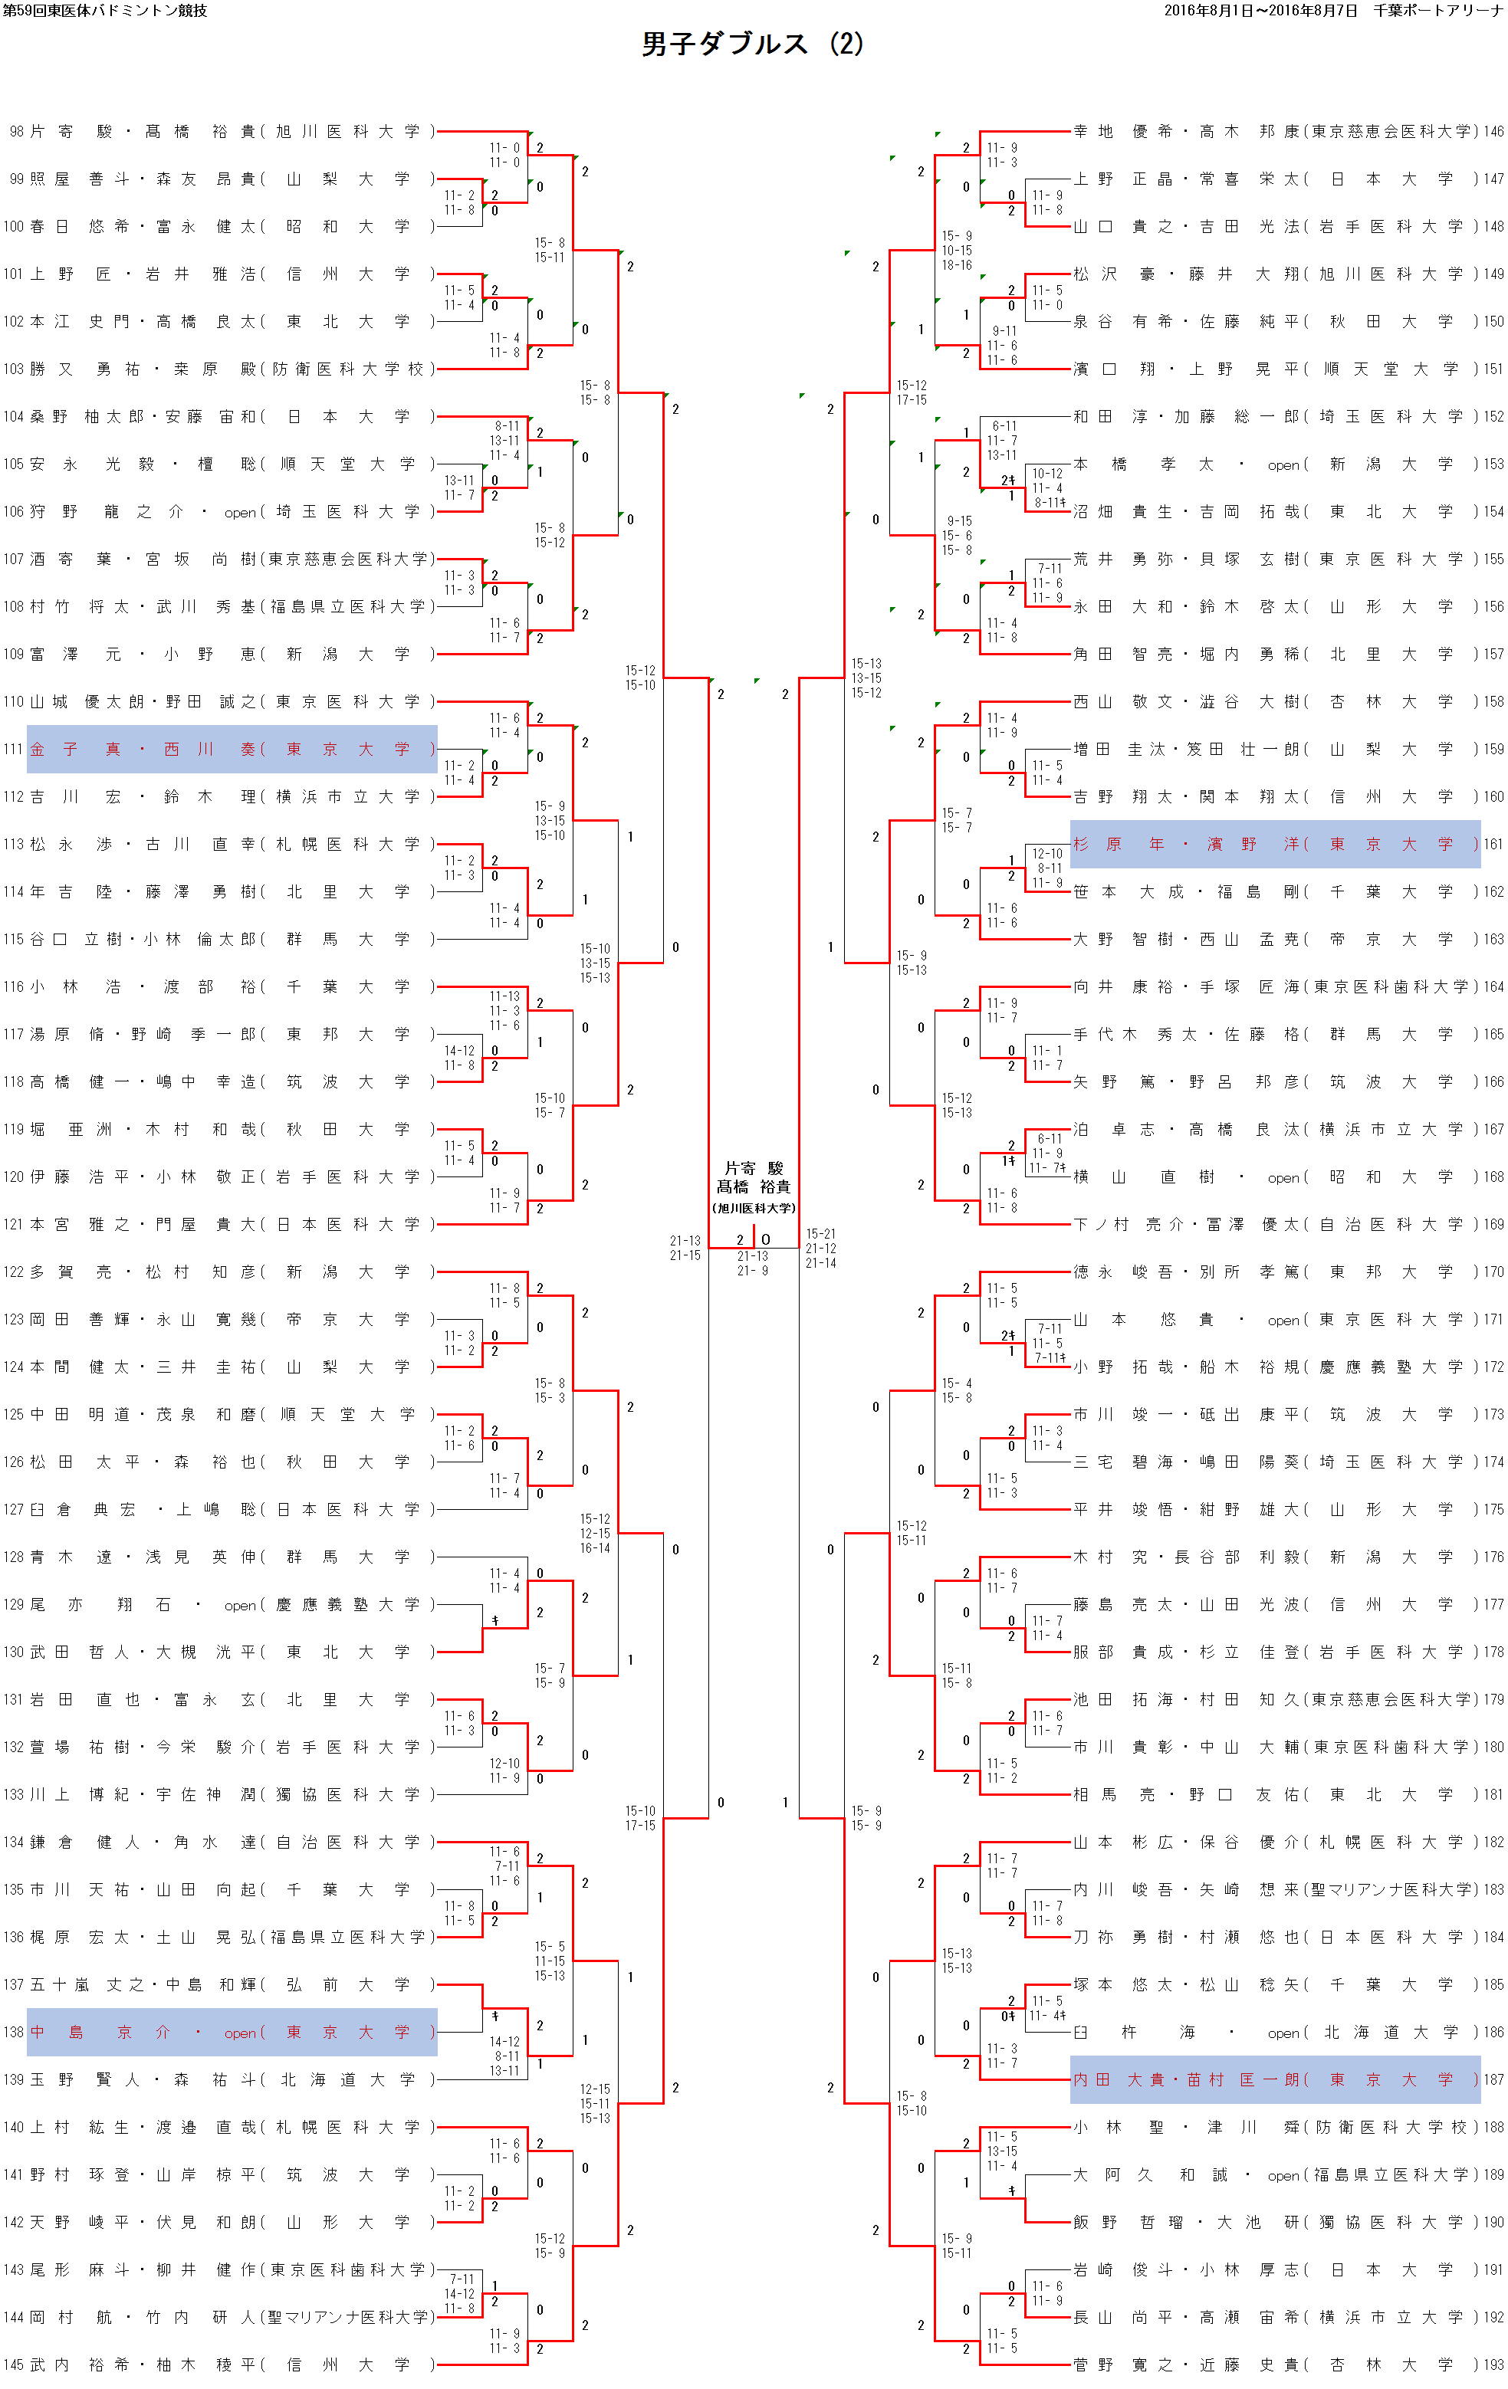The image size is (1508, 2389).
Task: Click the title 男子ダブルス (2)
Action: click(x=752, y=44)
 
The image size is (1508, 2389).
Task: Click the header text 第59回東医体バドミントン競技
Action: click(x=105, y=11)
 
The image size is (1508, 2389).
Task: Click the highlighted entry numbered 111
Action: click(x=232, y=749)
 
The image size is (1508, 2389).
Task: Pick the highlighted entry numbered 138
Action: click(x=232, y=2032)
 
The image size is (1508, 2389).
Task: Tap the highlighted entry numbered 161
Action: click(x=1275, y=845)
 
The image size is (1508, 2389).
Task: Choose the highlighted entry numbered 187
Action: click(x=1275, y=2079)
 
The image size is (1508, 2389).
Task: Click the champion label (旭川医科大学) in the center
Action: click(x=754, y=1209)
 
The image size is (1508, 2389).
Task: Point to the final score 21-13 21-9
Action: click(x=753, y=1263)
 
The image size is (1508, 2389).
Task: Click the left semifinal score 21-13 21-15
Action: click(x=685, y=1248)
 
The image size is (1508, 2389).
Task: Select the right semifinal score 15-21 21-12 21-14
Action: click(x=820, y=1248)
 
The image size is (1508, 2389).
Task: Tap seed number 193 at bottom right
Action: click(x=1493, y=2364)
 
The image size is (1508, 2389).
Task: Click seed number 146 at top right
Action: click(x=1493, y=131)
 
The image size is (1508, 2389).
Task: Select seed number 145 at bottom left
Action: click(x=15, y=2364)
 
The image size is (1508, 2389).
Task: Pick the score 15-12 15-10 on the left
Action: click(x=640, y=678)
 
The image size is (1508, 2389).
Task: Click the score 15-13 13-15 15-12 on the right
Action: click(x=866, y=678)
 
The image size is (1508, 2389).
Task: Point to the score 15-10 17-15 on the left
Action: click(x=640, y=1817)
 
